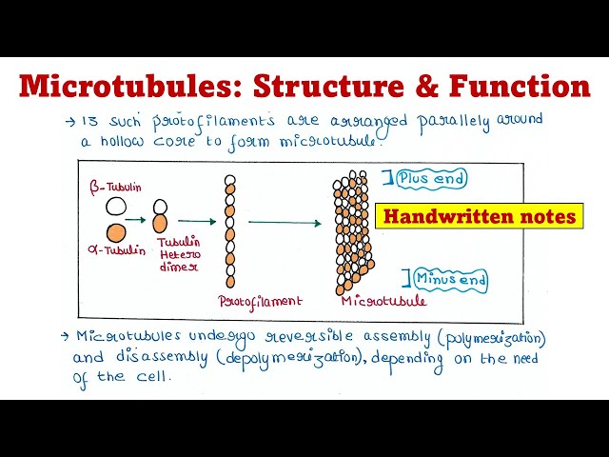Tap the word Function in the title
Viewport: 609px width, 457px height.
[515, 86]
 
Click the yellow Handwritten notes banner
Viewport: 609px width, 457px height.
[479, 216]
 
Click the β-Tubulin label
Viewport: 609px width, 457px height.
[117, 188]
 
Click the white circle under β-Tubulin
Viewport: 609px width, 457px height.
[115, 206]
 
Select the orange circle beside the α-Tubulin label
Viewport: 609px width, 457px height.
[115, 231]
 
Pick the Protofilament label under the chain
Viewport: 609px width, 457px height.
[260, 301]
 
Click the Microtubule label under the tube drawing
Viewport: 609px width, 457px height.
[383, 301]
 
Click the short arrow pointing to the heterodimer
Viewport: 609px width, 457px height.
[137, 220]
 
